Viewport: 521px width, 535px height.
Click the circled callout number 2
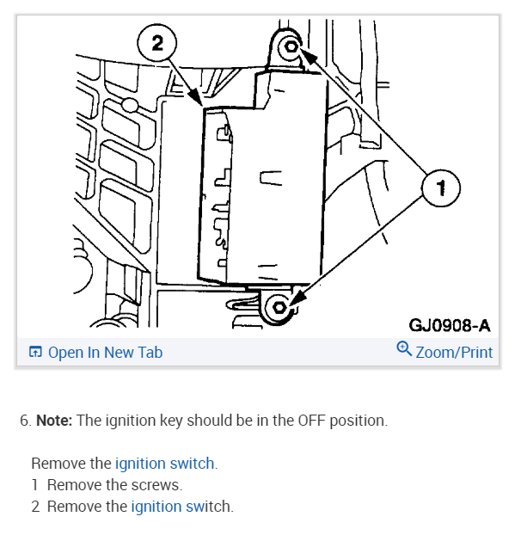point(157,44)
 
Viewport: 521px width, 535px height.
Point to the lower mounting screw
point(278,307)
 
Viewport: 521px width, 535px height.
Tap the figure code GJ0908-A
point(449,325)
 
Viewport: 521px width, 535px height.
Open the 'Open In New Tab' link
point(105,353)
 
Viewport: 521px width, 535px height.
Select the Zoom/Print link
point(454,353)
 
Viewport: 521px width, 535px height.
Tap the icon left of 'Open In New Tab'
point(35,353)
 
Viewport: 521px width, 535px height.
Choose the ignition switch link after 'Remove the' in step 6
point(164,464)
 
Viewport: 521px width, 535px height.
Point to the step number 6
point(24,421)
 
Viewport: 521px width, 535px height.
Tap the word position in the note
point(355,421)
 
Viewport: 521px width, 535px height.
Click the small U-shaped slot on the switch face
point(272,179)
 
